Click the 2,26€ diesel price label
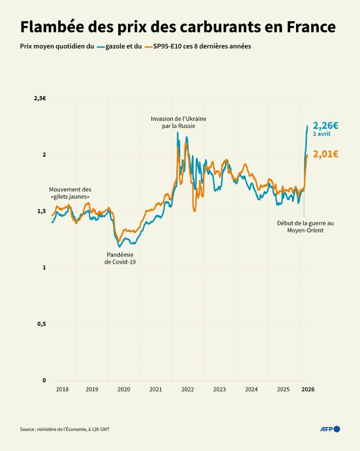point(325,126)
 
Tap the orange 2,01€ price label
point(325,154)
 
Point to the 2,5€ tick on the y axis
point(40,99)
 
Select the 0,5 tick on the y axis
point(41,324)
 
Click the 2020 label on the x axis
point(123,389)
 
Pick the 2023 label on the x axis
point(219,389)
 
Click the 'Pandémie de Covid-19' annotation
point(123,258)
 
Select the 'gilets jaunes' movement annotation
point(70,193)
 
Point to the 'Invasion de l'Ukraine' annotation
point(179,122)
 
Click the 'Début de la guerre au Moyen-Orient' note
point(305,227)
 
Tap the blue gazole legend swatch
point(101,46)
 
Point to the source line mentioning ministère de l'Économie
point(65,430)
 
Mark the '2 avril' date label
point(321,134)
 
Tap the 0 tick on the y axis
point(43,381)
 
